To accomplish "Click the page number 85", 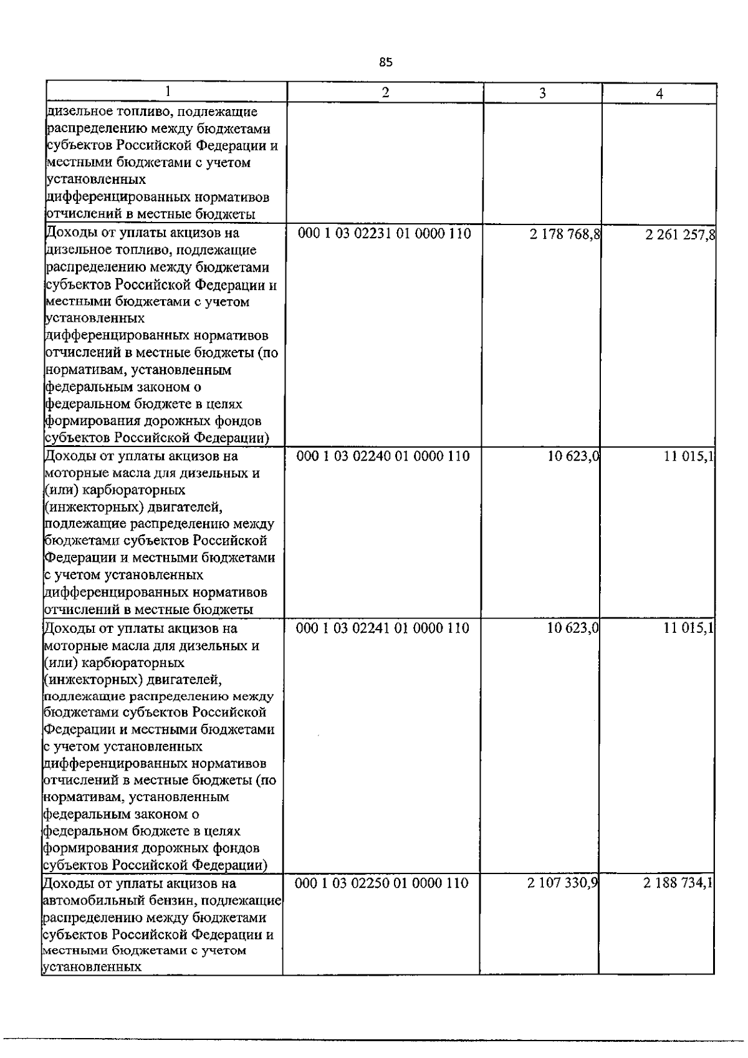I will [386, 62].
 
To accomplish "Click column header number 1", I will [166, 92].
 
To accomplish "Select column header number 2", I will [385, 92].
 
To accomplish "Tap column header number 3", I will [542, 93].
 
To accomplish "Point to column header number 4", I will [659, 94].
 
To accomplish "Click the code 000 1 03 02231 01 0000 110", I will [385, 234].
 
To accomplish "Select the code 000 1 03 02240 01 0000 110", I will [383, 456].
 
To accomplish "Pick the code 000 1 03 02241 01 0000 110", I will [383, 628].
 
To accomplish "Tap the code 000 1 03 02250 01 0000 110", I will [381, 883].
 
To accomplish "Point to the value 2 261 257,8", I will [681, 235].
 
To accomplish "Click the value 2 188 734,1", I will [679, 883].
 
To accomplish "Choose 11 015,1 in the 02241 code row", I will [688, 628].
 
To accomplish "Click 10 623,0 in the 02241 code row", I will [573, 628].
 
